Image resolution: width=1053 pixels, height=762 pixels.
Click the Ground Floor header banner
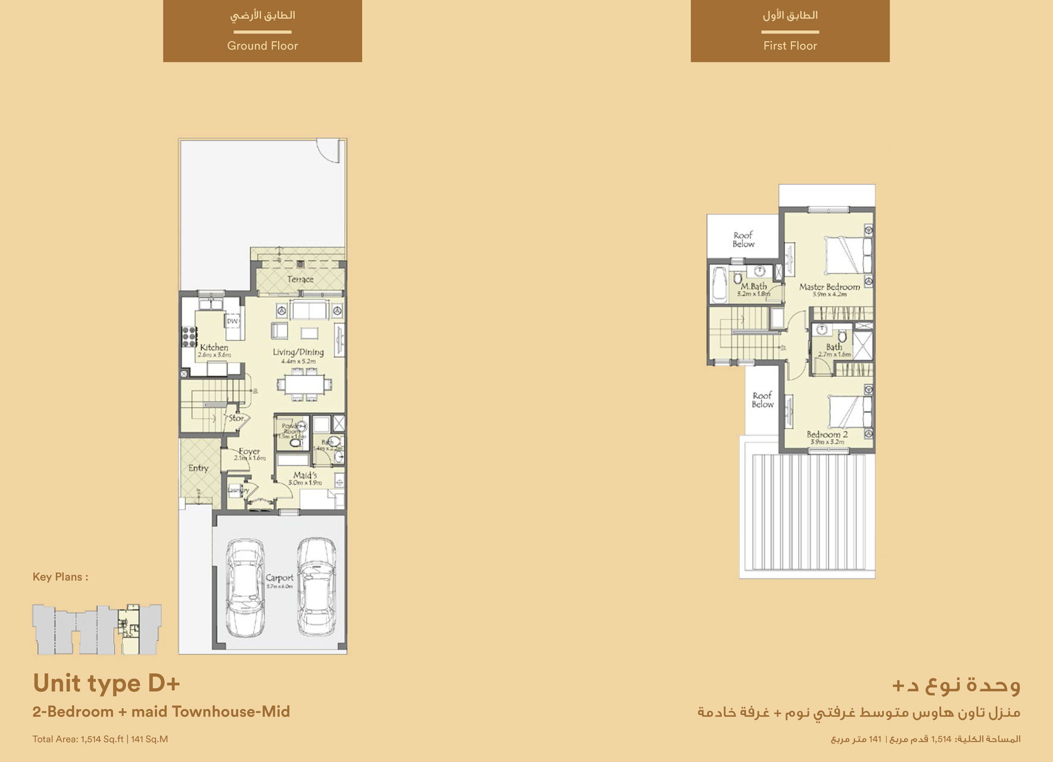coord(262,31)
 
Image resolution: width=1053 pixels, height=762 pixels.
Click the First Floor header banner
coord(790,31)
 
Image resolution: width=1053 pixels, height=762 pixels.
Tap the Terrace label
coord(300,279)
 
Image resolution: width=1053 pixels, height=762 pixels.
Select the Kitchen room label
coord(214,348)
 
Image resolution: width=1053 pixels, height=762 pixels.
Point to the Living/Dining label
coord(298,352)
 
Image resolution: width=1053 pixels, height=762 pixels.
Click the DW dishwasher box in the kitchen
coord(232,321)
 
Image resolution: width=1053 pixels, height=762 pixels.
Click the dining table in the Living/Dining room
coord(304,384)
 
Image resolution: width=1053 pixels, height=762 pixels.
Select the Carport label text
coord(280,578)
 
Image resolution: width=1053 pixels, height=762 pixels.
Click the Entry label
coord(198,468)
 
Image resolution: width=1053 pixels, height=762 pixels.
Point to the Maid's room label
coord(305,476)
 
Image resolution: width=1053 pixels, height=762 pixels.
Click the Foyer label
coord(249,452)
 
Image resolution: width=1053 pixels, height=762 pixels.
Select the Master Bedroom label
coord(830,287)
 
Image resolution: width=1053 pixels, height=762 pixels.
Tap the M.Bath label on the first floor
coord(753,286)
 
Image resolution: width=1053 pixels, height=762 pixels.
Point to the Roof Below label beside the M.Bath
coord(743,239)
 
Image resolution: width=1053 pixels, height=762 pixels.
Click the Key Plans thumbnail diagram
coord(96,629)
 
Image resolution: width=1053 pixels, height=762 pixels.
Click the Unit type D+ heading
coord(106,683)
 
